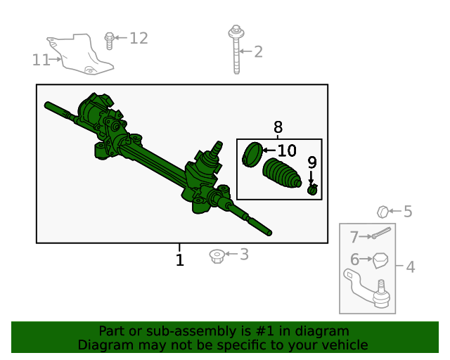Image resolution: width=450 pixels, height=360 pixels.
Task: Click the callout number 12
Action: (139, 38)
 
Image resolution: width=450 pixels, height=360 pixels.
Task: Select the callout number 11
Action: (41, 60)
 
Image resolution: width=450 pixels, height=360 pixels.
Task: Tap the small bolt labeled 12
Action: (110, 40)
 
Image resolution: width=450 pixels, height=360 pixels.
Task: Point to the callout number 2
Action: (258, 51)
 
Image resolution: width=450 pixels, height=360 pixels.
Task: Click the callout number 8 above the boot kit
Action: (278, 127)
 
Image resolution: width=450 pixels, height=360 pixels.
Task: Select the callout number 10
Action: (287, 150)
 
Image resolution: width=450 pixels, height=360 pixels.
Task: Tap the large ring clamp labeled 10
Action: (252, 155)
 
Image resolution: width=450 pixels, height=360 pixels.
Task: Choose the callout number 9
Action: (311, 162)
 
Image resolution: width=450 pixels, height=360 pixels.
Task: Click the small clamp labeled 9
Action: (312, 188)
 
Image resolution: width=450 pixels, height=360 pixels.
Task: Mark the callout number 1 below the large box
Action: (179, 261)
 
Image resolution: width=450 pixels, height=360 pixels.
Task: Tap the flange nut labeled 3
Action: (217, 255)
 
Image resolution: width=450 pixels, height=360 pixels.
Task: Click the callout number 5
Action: (407, 211)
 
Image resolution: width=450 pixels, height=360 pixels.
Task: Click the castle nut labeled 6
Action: (380, 260)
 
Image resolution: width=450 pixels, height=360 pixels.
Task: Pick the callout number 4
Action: (410, 267)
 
